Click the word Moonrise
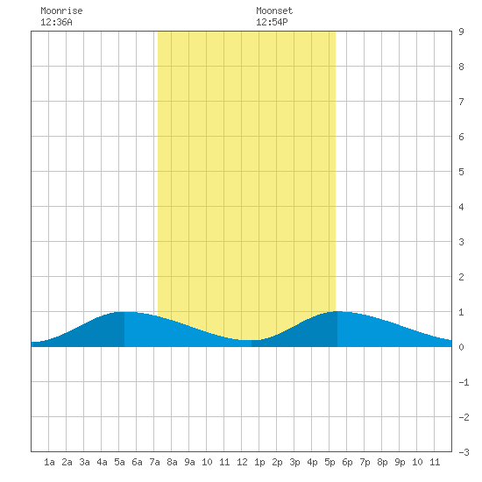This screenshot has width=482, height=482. [x=61, y=11]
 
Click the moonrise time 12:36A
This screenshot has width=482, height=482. [x=56, y=22]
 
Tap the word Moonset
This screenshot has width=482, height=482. [x=274, y=11]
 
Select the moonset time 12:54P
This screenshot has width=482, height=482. [x=272, y=22]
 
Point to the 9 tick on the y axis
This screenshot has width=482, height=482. [x=461, y=32]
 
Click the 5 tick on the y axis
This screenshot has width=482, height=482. [x=461, y=172]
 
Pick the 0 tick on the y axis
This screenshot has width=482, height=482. [x=461, y=347]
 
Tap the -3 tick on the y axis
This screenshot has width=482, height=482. [x=464, y=452]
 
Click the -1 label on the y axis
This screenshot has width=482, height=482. [x=464, y=382]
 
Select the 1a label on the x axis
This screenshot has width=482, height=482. [x=49, y=462]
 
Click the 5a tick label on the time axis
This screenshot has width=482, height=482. [x=119, y=462]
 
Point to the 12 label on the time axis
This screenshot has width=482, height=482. [x=242, y=462]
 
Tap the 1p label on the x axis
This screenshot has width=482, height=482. [x=259, y=462]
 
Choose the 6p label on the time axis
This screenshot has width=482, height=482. [x=347, y=462]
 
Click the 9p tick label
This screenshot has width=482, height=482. [x=400, y=462]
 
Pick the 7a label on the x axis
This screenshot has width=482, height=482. [x=154, y=462]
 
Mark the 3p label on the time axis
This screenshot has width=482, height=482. [x=294, y=462]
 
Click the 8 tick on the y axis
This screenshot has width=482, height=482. [x=461, y=67]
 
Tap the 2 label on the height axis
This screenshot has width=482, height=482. [x=461, y=277]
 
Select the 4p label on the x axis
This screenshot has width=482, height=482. [x=312, y=462]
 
